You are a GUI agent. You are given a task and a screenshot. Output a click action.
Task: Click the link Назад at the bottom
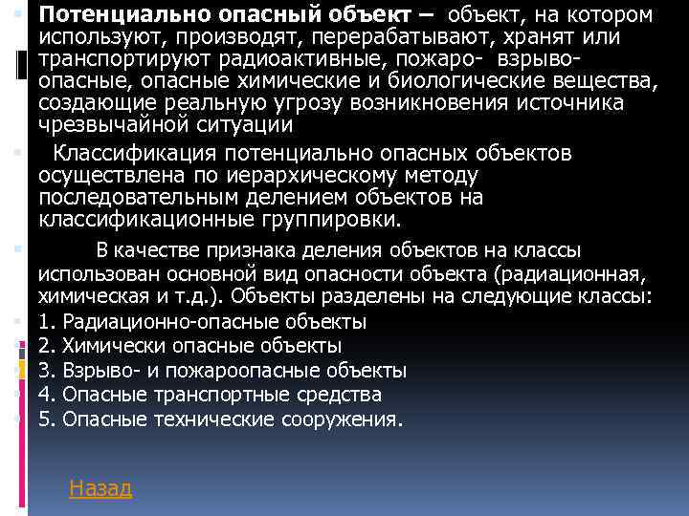(100, 488)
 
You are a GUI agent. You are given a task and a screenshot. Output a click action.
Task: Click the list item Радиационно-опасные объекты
(202, 320)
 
